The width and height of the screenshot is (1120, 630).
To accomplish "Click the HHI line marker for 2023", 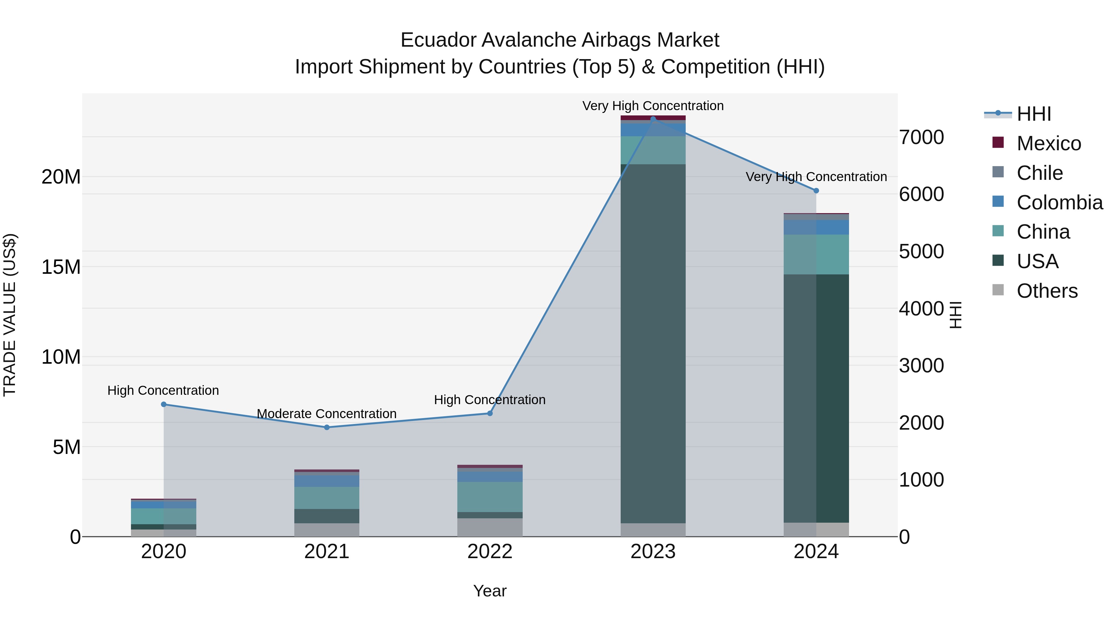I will click(x=653, y=119).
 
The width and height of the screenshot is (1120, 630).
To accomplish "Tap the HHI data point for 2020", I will click(x=163, y=404).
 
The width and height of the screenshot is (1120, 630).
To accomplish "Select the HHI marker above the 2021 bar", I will click(x=327, y=427).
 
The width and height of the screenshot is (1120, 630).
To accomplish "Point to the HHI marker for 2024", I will click(x=816, y=190).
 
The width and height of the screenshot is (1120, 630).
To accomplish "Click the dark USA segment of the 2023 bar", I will click(x=653, y=343).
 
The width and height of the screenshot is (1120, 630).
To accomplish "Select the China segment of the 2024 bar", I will click(x=816, y=254).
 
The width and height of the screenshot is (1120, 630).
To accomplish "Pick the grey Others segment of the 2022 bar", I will click(x=490, y=527).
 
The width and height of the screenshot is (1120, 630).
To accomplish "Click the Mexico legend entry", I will click(x=1048, y=143).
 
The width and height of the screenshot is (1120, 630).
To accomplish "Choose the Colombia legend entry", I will click(x=1059, y=203).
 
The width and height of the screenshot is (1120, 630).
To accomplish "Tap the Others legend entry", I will click(x=1047, y=291).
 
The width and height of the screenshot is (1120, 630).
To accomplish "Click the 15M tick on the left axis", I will click(x=61, y=267).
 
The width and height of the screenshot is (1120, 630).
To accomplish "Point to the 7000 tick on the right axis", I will click(x=921, y=138).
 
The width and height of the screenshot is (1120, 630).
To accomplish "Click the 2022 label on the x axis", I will click(x=490, y=552).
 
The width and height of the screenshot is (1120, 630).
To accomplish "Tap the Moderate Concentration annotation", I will click(x=327, y=413).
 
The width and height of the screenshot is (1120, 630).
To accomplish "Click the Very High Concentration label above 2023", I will click(x=653, y=106).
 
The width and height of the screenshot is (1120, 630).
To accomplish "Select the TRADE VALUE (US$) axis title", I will click(x=10, y=315).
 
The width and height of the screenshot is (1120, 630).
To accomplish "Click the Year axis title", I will click(x=490, y=591).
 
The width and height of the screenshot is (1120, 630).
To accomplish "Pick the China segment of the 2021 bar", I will click(x=327, y=498).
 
